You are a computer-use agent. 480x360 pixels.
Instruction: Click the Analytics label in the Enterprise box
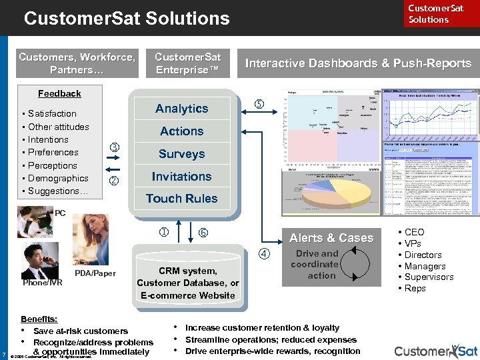click(181, 109)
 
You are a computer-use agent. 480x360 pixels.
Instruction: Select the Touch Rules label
click(181, 199)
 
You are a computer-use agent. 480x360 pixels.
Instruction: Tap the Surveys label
click(181, 154)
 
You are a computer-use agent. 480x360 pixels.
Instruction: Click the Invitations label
click(181, 177)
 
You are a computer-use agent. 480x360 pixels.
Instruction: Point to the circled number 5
click(259, 104)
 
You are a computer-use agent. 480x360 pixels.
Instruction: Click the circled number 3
click(114, 147)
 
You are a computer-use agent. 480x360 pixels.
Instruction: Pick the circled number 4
click(264, 253)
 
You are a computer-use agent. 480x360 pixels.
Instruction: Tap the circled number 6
click(204, 233)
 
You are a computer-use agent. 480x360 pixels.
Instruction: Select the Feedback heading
click(59, 94)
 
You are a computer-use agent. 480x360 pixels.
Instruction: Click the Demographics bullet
click(58, 178)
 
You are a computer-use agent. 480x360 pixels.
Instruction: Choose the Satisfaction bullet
click(52, 114)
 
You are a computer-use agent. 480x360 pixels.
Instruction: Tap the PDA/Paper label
click(95, 273)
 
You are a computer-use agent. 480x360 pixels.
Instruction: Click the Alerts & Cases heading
click(331, 238)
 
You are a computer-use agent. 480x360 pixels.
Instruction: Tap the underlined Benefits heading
click(39, 319)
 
